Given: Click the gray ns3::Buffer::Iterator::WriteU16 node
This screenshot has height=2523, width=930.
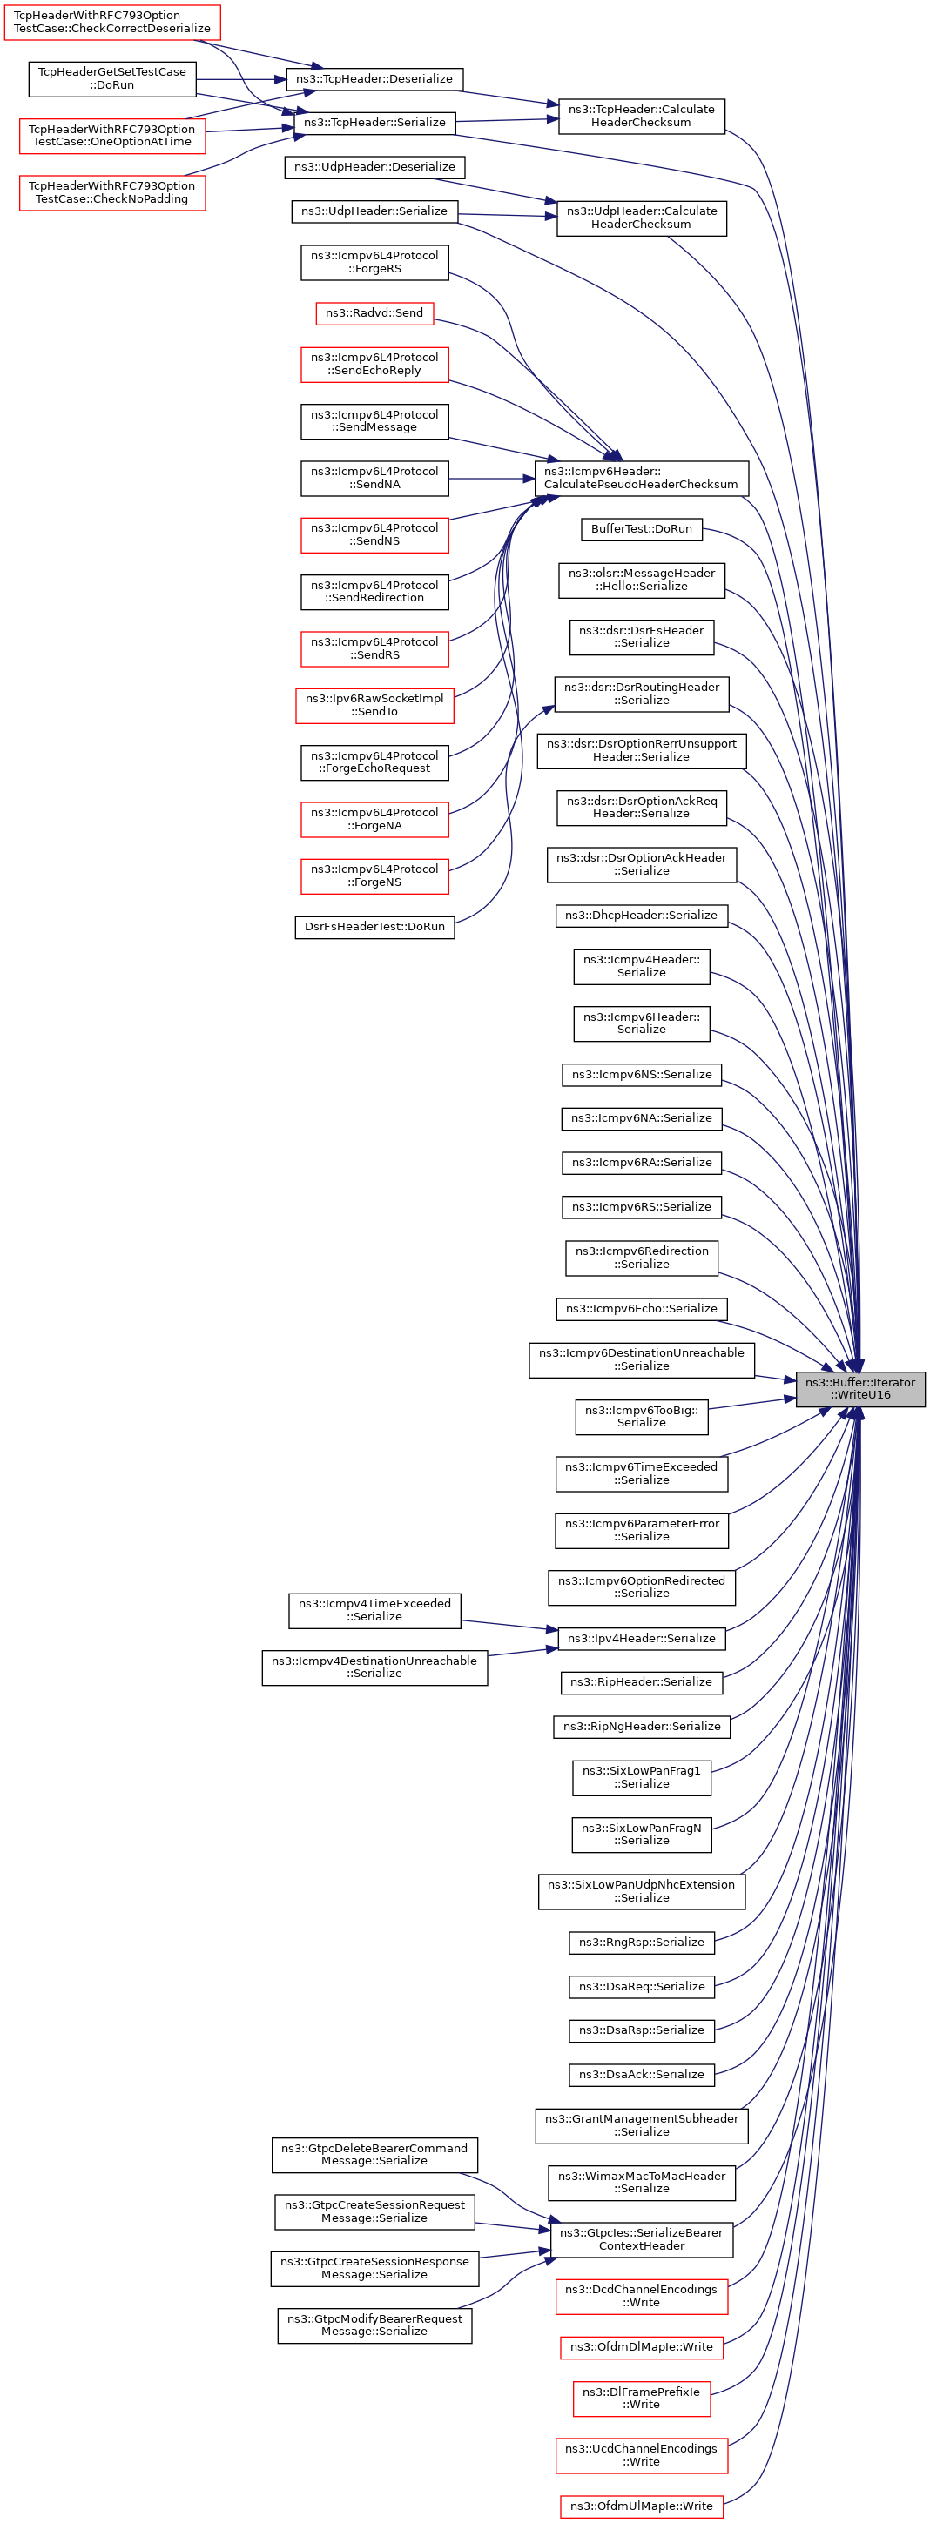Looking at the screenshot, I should [859, 1388].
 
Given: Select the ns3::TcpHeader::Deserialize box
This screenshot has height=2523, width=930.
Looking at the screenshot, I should [374, 78].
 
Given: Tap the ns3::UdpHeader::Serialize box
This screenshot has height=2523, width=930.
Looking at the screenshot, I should [374, 211].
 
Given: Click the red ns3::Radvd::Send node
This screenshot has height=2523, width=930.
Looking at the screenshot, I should [374, 313].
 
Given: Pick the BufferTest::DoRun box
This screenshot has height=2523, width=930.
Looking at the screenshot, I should [641, 529].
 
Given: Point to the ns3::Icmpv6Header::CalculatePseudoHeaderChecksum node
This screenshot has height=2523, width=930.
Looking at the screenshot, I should [641, 478].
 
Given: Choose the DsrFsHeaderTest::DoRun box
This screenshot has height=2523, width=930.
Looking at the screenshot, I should [374, 927].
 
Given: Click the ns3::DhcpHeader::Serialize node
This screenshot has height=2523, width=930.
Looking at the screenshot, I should [641, 915].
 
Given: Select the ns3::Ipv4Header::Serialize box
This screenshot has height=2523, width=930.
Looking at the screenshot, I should [642, 1638].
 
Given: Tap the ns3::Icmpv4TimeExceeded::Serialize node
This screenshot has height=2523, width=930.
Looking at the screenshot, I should [374, 1609].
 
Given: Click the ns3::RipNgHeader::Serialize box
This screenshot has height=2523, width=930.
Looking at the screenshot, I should [641, 1726].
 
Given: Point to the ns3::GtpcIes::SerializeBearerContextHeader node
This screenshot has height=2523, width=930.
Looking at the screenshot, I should [641, 2239].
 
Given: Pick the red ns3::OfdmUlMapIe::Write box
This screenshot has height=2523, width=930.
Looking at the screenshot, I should [641, 2506].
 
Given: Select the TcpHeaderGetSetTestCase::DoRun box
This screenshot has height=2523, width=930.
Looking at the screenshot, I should [111, 78].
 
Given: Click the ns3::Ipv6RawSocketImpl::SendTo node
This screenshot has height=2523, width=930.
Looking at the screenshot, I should [374, 705].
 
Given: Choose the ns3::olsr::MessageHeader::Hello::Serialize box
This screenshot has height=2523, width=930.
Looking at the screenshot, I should [641, 580].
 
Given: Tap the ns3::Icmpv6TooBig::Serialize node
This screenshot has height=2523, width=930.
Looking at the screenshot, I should [641, 1416].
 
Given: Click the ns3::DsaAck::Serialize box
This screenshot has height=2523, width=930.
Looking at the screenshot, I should [641, 2075].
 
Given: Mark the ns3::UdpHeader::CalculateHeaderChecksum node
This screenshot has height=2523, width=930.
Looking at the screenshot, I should [641, 218].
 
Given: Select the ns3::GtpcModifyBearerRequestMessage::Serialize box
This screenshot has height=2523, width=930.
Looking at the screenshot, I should [374, 2325].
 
